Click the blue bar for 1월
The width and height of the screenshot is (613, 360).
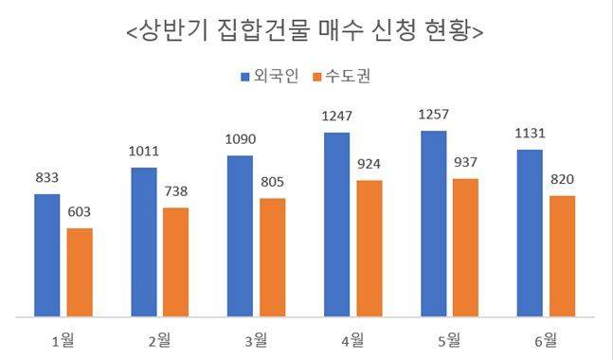tap(47, 254)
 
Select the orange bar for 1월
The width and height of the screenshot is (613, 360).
tap(80, 271)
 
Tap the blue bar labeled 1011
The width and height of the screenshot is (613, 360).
tap(144, 241)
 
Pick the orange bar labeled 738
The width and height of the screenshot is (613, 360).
tap(175, 261)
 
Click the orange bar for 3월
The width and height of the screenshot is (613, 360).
tap(272, 256)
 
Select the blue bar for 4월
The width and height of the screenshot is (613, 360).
tap(336, 224)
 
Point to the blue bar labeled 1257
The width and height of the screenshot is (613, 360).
tap(433, 223)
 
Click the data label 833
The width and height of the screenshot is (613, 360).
tap(47, 177)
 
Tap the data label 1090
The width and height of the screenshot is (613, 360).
tap(240, 139)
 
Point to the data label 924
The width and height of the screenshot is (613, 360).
tap(369, 164)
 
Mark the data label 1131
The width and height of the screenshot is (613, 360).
tap(530, 133)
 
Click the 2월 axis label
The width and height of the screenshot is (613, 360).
tap(159, 338)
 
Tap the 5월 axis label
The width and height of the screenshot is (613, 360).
tap(448, 338)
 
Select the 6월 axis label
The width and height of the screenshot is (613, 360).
tap(545, 338)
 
